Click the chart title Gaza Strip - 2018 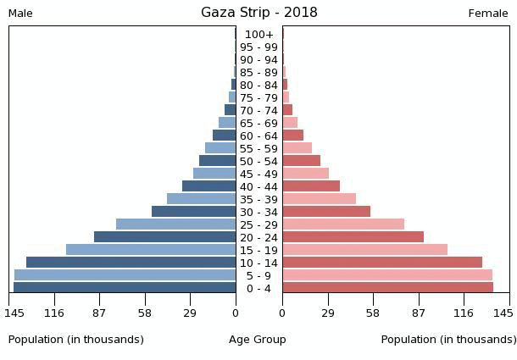click(258, 12)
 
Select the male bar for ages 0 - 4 click(125, 288)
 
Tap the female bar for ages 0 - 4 click(387, 288)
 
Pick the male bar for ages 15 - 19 click(151, 250)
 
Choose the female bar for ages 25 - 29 click(343, 224)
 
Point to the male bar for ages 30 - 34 click(193, 212)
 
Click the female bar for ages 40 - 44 click(311, 186)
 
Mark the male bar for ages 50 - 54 click(217, 161)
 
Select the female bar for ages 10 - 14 click(382, 263)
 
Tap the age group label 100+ click(258, 35)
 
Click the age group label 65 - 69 click(258, 124)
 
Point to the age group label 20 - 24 click(258, 238)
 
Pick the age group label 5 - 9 click(258, 276)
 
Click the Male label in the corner click(20, 14)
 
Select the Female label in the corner click(488, 14)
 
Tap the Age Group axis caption click(258, 340)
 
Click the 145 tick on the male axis click(14, 313)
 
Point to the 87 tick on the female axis click(419, 313)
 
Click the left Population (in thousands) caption click(76, 340)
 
